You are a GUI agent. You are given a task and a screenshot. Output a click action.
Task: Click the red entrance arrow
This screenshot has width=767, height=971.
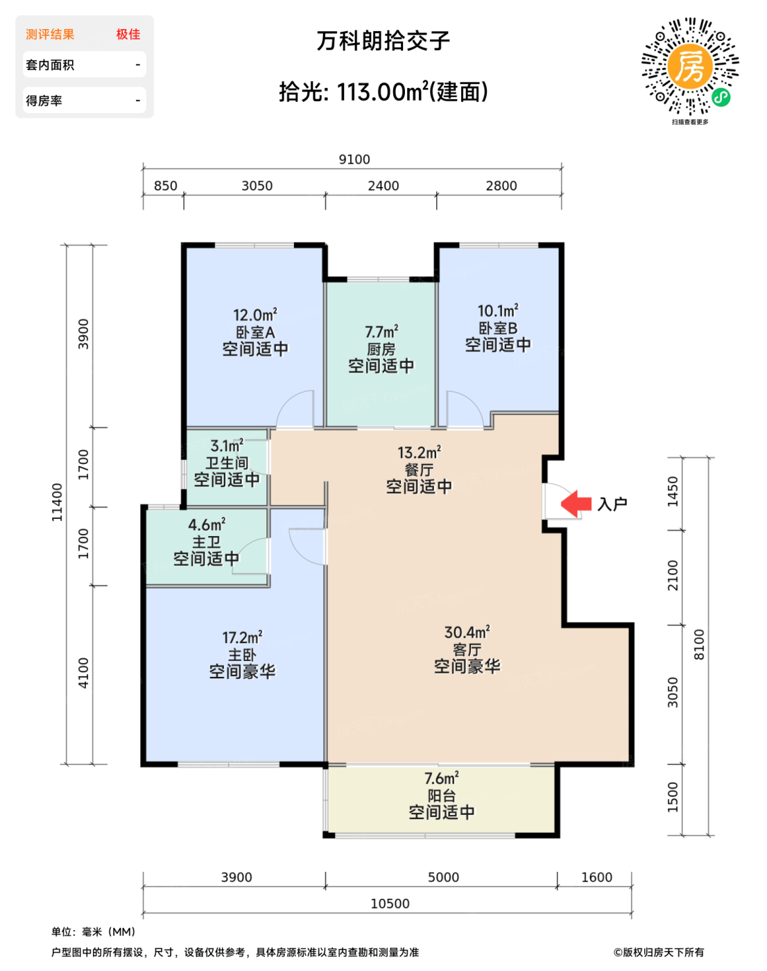click(x=576, y=503)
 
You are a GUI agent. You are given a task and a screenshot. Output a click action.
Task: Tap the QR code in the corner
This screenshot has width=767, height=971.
click(x=690, y=67)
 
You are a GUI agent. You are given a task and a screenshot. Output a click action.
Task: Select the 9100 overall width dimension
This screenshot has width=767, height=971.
click(x=354, y=160)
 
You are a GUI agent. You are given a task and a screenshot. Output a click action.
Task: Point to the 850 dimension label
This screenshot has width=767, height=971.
click(x=166, y=186)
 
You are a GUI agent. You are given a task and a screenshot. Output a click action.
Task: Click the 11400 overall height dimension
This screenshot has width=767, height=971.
click(x=58, y=502)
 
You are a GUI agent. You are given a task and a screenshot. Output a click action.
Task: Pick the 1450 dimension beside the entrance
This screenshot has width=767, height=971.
click(x=673, y=491)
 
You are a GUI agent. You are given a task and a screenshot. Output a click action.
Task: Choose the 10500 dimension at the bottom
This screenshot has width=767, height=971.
click(x=390, y=904)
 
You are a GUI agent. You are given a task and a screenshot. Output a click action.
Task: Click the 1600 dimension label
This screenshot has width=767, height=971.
click(x=596, y=877)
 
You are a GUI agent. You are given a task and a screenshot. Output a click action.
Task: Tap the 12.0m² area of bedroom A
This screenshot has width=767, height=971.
click(x=255, y=314)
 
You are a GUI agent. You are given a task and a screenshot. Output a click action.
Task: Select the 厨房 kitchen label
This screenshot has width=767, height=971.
click(x=381, y=349)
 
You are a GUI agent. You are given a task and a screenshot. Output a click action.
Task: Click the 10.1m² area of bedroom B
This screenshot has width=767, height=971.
click(x=498, y=311)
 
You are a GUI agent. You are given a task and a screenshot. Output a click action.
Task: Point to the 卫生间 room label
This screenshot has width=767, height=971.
click(x=227, y=463)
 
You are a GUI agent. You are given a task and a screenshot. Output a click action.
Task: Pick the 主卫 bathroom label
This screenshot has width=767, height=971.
click(x=206, y=542)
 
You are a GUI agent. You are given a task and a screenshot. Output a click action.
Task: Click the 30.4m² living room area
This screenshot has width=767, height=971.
click(x=467, y=632)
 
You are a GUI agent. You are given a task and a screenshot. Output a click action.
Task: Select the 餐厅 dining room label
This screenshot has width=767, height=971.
click(x=419, y=470)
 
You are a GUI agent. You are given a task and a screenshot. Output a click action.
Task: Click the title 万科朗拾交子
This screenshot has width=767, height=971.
click(x=383, y=41)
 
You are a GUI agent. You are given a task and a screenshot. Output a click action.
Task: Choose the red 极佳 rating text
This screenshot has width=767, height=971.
click(x=128, y=34)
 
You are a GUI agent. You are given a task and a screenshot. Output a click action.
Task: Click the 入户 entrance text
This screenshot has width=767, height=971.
click(x=612, y=504)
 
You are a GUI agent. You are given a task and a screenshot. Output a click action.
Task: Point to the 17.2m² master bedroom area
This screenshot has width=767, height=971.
click(x=242, y=637)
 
